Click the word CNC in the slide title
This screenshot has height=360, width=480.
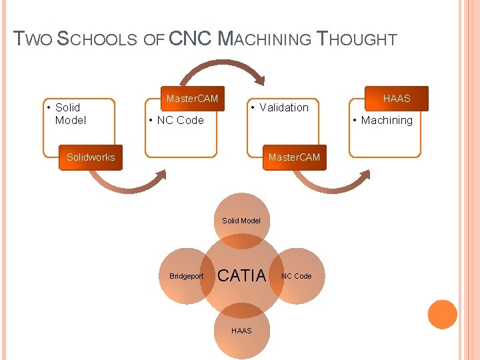pyautogui.click(x=191, y=39)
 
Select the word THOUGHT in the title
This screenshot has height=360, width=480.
pyautogui.click(x=357, y=39)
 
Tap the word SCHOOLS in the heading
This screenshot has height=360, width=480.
pyautogui.click(x=99, y=39)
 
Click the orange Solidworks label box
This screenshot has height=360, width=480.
pyautogui.click(x=91, y=157)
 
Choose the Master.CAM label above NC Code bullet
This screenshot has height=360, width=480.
pyautogui.click(x=192, y=99)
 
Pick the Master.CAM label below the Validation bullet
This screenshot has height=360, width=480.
pyautogui.click(x=294, y=157)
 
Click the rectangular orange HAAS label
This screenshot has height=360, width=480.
pyautogui.click(x=397, y=99)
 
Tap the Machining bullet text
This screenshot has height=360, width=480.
pyautogui.click(x=387, y=120)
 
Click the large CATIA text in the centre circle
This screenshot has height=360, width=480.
pyautogui.click(x=242, y=275)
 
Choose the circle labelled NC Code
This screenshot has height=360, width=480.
pyautogui.click(x=297, y=275)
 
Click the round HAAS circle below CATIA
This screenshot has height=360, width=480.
pyautogui.click(x=241, y=331)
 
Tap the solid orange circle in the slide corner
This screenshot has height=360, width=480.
pyautogui.click(x=442, y=314)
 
